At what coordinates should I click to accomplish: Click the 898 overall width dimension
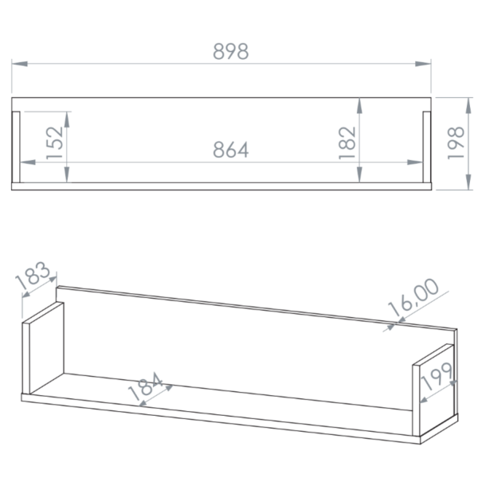(x=231, y=51)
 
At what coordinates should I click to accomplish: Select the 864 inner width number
(x=231, y=150)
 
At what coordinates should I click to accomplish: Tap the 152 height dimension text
(x=54, y=143)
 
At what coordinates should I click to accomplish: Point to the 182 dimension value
(x=347, y=143)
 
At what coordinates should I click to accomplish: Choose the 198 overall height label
(x=456, y=143)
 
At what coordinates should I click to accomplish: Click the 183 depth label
(x=33, y=276)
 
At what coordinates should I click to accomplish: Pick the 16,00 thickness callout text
(x=413, y=297)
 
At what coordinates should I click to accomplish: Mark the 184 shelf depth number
(x=146, y=386)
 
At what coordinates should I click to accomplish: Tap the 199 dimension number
(x=437, y=376)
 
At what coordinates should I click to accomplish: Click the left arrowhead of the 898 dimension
(x=19, y=64)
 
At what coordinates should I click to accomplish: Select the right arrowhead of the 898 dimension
(x=423, y=64)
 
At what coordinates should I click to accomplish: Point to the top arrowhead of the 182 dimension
(x=360, y=106)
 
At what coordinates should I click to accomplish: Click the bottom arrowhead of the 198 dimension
(x=469, y=182)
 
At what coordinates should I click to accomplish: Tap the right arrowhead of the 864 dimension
(x=415, y=163)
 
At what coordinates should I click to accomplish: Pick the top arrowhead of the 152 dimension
(x=67, y=119)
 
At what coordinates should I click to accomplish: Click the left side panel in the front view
(x=16, y=147)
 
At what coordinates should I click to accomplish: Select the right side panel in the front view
(x=427, y=147)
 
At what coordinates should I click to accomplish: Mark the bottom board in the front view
(x=221, y=186)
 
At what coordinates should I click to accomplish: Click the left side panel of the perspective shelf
(x=43, y=348)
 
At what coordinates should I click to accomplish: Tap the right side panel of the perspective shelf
(x=433, y=390)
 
